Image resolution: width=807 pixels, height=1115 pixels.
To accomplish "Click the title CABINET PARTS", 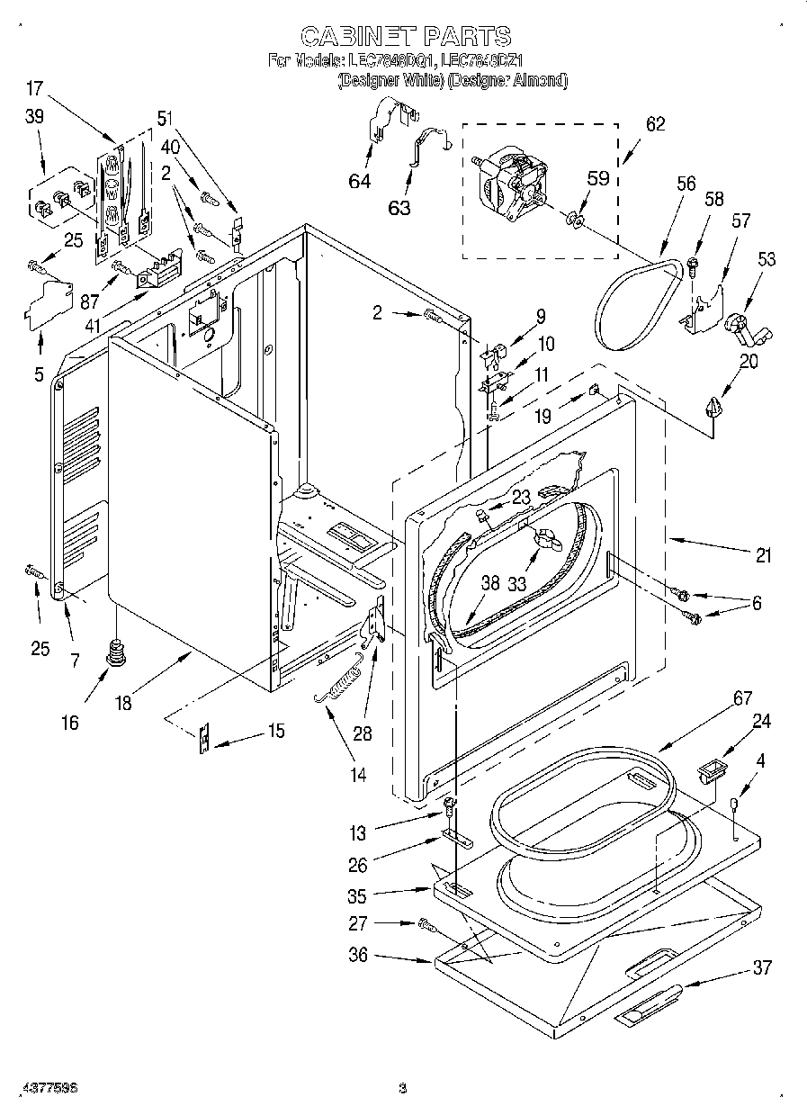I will click(405, 36).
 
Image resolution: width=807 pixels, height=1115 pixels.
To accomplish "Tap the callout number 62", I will click(655, 124).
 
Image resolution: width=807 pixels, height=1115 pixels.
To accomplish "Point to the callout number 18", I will click(122, 703).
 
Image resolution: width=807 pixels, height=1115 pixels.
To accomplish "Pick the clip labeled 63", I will click(428, 146).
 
